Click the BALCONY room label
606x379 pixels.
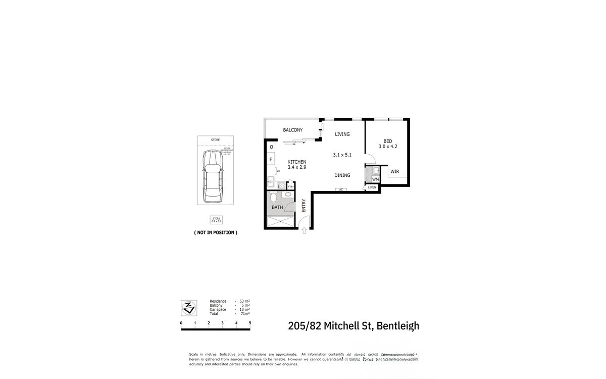[x=292, y=130]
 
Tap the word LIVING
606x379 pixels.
[x=342, y=134]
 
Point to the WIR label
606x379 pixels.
[x=394, y=172]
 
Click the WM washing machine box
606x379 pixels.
[x=375, y=179]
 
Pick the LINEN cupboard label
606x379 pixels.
[x=372, y=187]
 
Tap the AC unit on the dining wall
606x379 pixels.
[x=341, y=190]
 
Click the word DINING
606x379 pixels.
[x=342, y=175]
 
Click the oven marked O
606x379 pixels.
[x=271, y=147]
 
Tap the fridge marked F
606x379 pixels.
[x=271, y=160]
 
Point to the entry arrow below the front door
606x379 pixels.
[x=305, y=230]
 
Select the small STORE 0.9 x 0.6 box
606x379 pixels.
[x=216, y=219]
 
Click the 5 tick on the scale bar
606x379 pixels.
[x=250, y=322]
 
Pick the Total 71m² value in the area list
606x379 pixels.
[x=245, y=314]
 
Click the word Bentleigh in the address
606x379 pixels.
[x=397, y=326]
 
